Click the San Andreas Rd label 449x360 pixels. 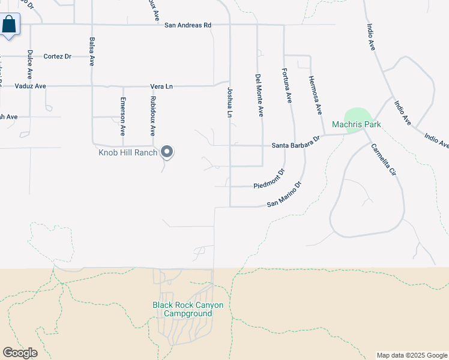[x=188, y=25]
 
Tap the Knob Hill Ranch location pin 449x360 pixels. [x=167, y=152]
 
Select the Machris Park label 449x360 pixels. [x=357, y=125]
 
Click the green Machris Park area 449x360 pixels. [x=358, y=115]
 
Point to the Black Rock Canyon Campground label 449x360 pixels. [x=187, y=309]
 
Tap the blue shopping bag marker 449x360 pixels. [x=10, y=25]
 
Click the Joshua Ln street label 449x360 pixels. [x=229, y=101]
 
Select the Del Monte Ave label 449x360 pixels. [x=259, y=95]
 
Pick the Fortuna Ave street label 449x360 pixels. [x=287, y=86]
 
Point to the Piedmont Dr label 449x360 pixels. [x=268, y=179]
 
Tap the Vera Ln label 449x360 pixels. [x=161, y=86]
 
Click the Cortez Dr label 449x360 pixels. [x=58, y=56]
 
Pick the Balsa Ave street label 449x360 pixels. [x=92, y=50]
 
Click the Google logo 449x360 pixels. [x=20, y=353]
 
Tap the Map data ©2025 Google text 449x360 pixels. [x=412, y=355]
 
